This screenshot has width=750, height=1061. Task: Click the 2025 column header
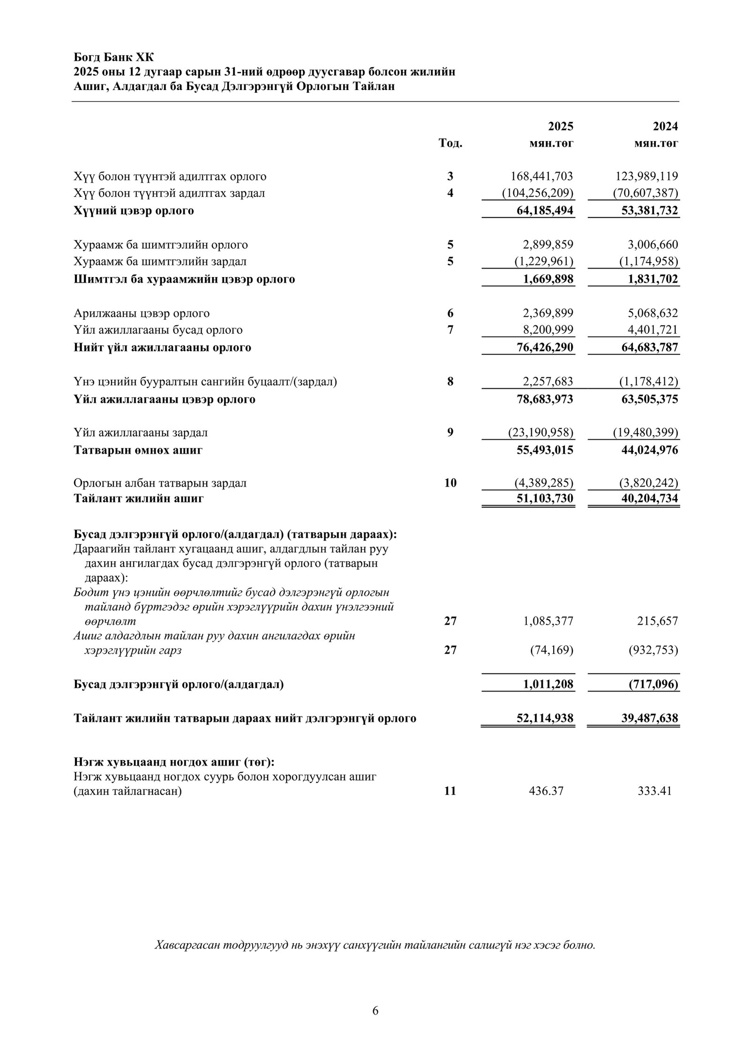point(561,127)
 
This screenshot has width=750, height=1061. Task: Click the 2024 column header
point(666,127)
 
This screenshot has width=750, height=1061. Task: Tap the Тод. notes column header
point(450,143)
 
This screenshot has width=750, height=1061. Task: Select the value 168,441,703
point(541,177)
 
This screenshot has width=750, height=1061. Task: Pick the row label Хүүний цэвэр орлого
point(134,211)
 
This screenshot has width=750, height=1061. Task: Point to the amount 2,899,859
point(548,245)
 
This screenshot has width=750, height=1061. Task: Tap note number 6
point(450,313)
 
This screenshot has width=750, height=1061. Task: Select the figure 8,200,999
point(548,330)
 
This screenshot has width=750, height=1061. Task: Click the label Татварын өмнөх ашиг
point(138,451)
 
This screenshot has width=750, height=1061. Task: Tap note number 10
point(450,483)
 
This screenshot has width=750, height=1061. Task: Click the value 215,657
point(657,621)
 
